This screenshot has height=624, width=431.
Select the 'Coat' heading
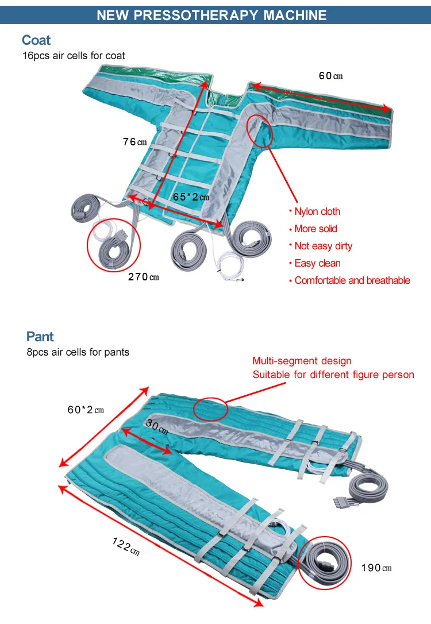pos(36,40)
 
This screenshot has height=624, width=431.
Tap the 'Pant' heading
pos(40,337)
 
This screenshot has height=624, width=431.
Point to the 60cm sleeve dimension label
pos(330,76)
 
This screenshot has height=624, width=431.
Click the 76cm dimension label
pos(134,142)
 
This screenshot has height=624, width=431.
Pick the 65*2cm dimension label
pos(191,197)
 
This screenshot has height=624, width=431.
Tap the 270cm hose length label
pos(143,277)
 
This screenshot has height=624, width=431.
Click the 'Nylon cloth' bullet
pos(317,211)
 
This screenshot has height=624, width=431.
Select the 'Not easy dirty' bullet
pos(323,246)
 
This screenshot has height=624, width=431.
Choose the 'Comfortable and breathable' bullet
pos(352,280)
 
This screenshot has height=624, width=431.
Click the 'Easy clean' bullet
pos(317,263)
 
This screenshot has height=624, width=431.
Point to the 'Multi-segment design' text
pos(302,361)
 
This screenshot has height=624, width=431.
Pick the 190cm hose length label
pos(376,568)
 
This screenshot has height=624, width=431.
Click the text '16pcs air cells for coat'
pos(74,56)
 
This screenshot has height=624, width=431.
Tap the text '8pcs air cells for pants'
pos(78,352)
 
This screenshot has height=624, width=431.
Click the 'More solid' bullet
pos(315,229)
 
